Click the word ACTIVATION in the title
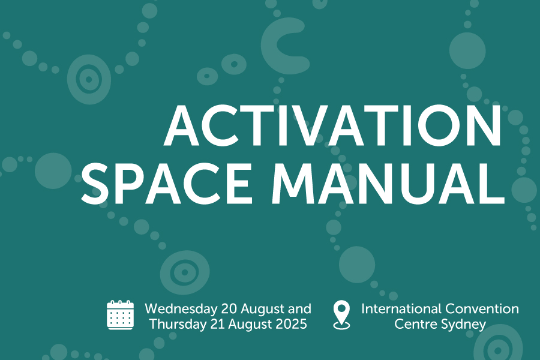coord(332,125)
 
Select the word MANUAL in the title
coord(388,183)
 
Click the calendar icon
coord(120,315)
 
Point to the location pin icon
coord(341,315)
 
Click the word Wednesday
coord(181,308)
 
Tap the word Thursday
coord(178,324)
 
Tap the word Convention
coord(482,308)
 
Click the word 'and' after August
coord(299,308)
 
